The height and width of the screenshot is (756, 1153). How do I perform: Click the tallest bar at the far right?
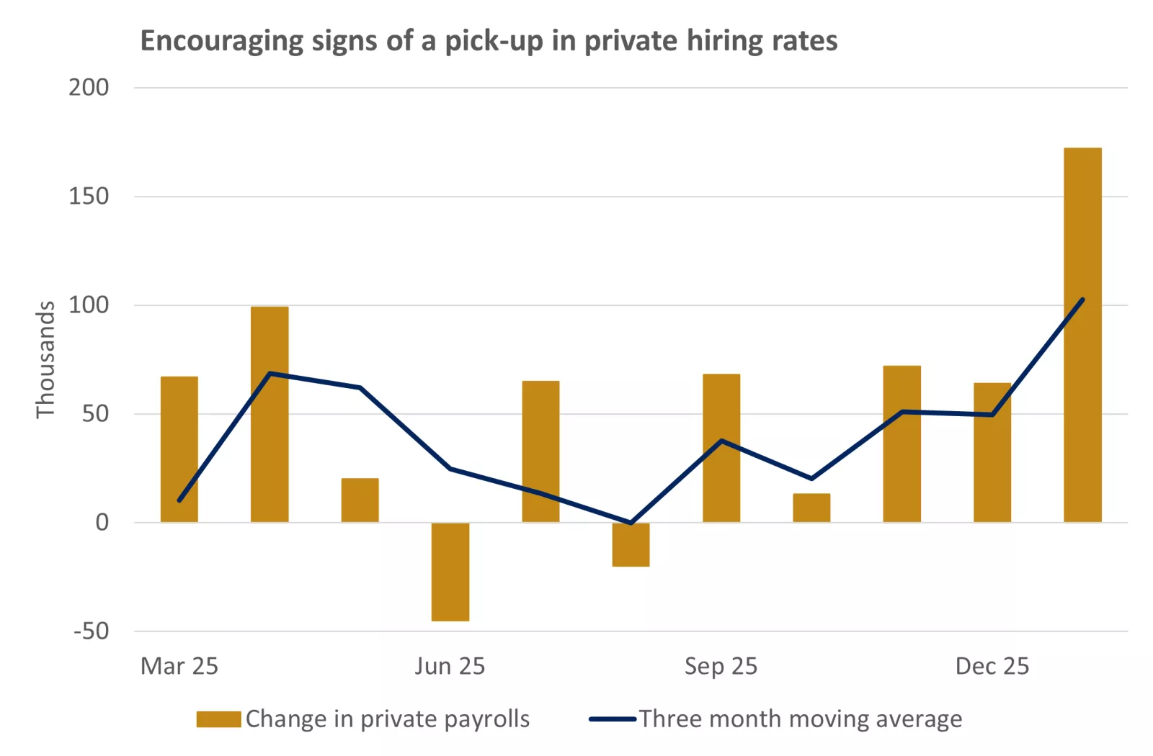pos(1082,335)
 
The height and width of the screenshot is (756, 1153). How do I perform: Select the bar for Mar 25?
pos(179,449)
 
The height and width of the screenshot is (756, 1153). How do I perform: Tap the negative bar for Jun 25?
pos(450,572)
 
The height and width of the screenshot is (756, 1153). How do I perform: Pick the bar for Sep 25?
pos(721,448)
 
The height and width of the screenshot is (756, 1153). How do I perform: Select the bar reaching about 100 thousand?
pos(270,414)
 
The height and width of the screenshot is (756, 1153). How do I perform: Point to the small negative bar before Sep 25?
pos(631,544)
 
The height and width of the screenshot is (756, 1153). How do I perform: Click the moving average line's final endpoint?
pos(1082,300)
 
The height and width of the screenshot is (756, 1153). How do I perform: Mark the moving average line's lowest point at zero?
pos(631,523)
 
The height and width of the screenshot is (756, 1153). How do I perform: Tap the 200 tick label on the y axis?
pos(89,88)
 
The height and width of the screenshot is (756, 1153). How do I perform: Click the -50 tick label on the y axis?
pos(91,631)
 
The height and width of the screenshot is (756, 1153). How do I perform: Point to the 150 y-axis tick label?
pos(89,197)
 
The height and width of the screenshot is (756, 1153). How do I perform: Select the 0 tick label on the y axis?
pos(102,523)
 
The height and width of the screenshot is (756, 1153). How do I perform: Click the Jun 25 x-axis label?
pos(450,667)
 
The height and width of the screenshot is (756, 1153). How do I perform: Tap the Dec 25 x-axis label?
pos(992,667)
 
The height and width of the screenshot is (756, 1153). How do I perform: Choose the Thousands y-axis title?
pos(45,359)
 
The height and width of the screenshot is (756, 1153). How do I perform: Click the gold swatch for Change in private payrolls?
pos(218,719)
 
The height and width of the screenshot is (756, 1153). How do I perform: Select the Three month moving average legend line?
pos(613,719)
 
